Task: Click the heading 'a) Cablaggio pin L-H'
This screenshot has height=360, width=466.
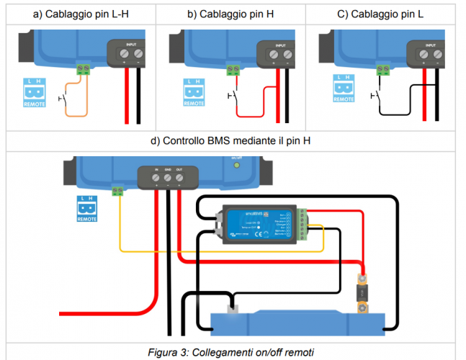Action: [x=81, y=15]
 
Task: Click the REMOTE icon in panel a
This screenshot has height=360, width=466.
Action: [x=35, y=91]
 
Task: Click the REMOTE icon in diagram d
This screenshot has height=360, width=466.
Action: [x=86, y=207]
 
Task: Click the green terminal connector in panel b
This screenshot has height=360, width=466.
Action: [x=232, y=69]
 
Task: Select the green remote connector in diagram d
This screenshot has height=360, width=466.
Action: [x=117, y=191]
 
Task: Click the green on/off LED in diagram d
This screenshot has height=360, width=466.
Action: [x=236, y=166]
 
